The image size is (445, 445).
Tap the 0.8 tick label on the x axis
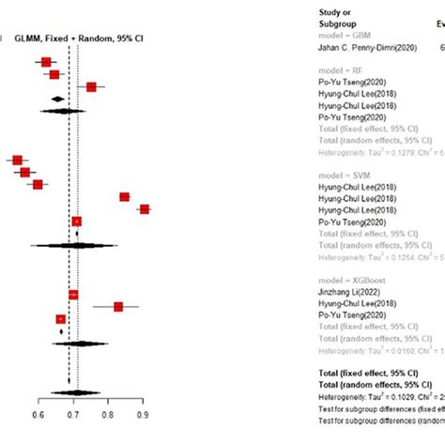click(108, 412)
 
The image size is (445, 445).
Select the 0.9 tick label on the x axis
click(143, 412)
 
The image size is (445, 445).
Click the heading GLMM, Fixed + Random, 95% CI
click(81, 38)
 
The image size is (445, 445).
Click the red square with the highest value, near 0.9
click(144, 209)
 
